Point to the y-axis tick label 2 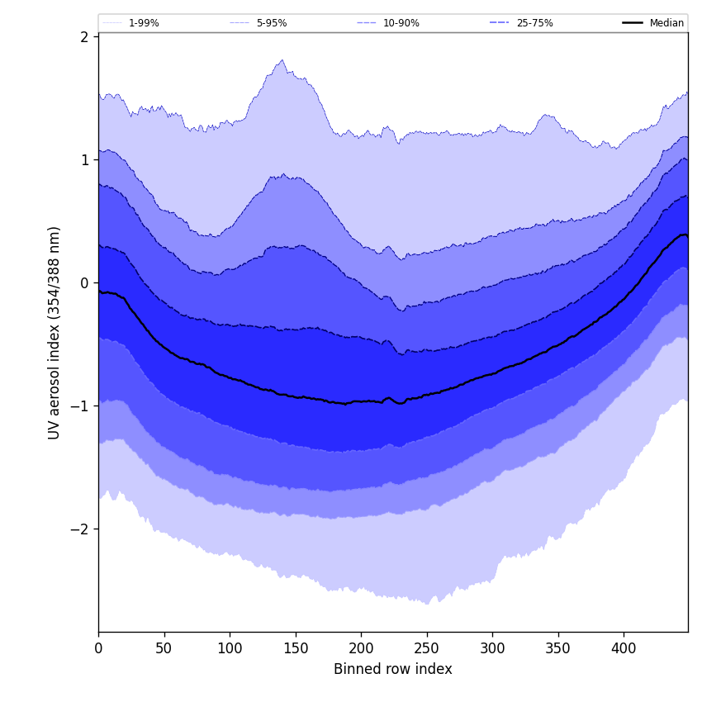click(84, 37)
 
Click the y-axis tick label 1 click(84, 160)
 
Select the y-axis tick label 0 click(84, 283)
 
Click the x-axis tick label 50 click(164, 648)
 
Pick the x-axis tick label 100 click(230, 648)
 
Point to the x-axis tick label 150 click(296, 648)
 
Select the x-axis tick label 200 click(361, 648)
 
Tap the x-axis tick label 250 click(427, 648)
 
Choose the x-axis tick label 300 click(492, 648)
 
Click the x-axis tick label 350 click(558, 648)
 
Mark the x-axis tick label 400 click(624, 648)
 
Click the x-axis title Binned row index click(393, 670)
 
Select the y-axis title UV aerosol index click(55, 333)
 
